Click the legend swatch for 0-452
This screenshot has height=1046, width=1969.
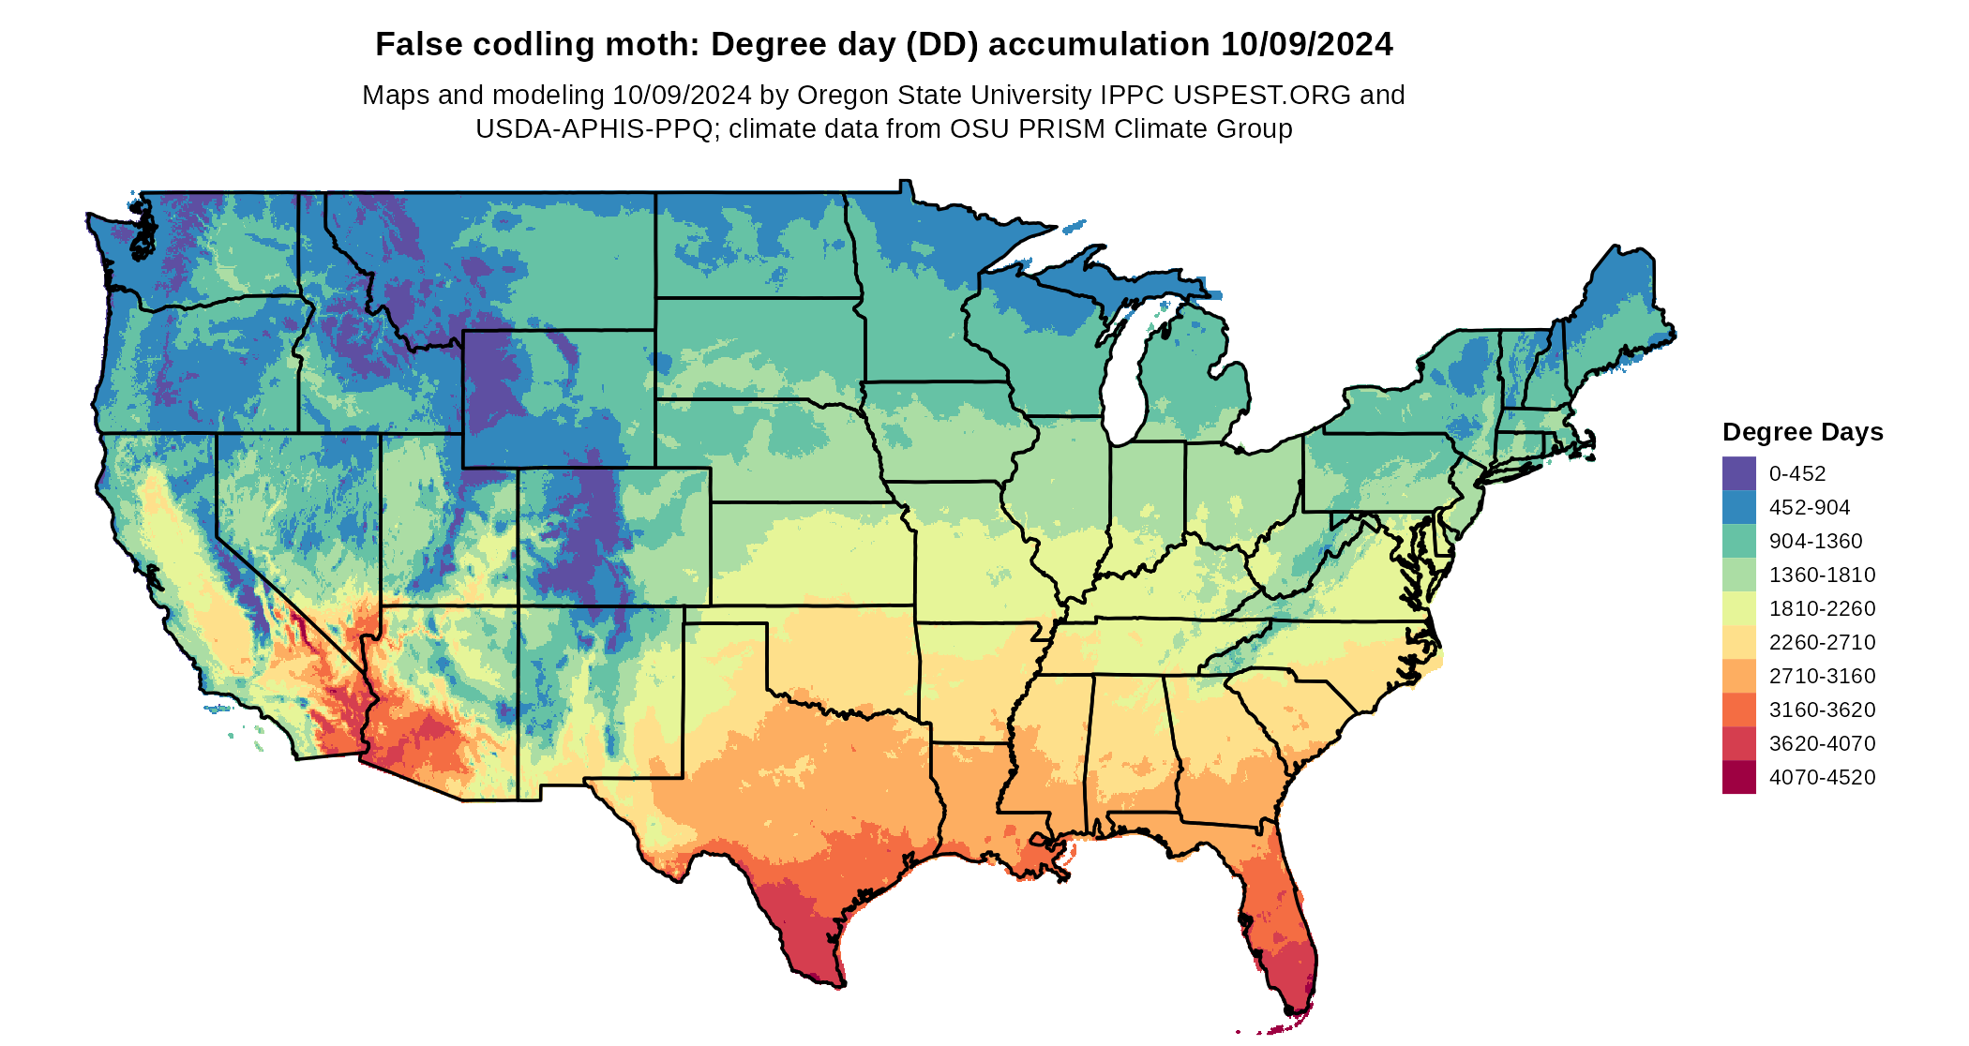(1738, 473)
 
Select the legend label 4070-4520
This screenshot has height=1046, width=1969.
(1822, 777)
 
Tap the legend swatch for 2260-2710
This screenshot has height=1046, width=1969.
(1738, 642)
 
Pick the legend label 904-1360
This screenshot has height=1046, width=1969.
(1815, 541)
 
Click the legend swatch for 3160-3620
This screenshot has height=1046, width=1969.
(1738, 710)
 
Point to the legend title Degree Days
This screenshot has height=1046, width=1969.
(1802, 432)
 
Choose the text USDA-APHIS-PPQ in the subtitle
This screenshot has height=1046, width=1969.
(594, 128)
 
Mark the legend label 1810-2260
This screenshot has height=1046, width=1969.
(1822, 608)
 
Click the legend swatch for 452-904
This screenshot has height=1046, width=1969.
(1738, 507)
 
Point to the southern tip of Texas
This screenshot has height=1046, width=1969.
(837, 984)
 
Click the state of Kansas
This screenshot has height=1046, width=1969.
(811, 553)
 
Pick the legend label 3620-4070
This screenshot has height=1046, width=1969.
(1822, 743)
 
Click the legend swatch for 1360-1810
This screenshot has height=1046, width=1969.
(1738, 575)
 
